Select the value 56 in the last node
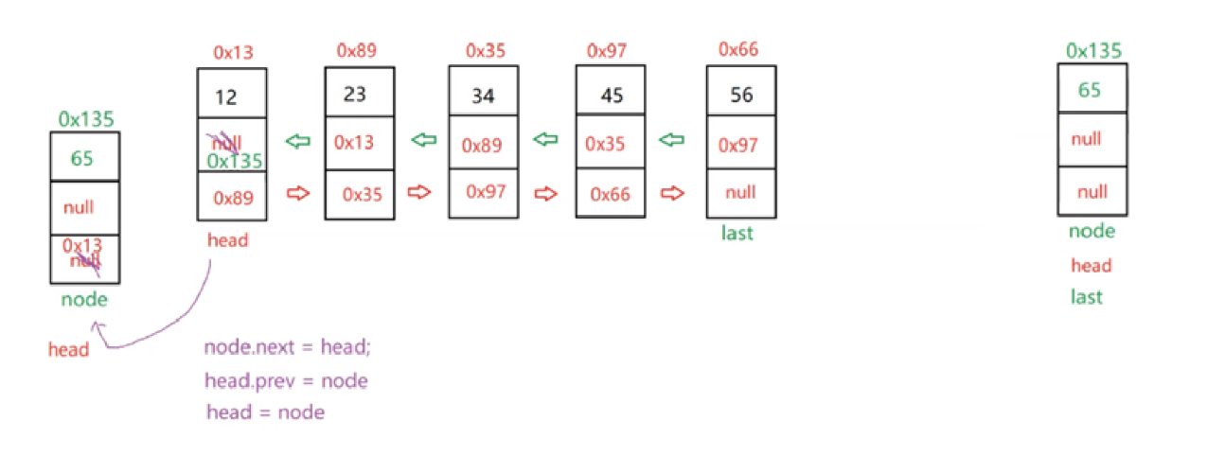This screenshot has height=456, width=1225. pos(741,95)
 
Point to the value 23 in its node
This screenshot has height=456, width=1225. pos(356,95)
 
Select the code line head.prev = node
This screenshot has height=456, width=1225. pos(285,380)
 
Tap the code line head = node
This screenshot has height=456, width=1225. pos(265,412)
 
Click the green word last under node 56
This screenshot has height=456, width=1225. pos(737,233)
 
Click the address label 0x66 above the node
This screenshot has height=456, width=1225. pos(740,48)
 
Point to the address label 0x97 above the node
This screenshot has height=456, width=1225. pos(608,49)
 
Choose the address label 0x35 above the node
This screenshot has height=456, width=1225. pos(485,49)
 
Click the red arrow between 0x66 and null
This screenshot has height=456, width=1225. pos(672,193)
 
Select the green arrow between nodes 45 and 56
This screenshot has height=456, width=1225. pos(671,141)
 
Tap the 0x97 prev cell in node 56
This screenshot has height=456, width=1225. pos(738,145)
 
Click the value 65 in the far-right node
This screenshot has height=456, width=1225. pos(1090,91)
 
